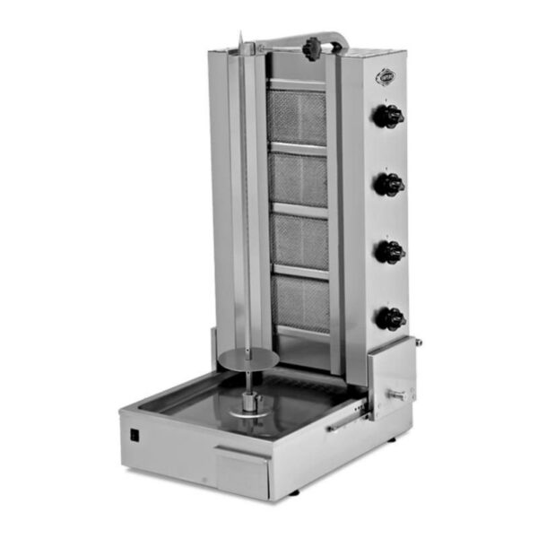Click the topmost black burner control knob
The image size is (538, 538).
(389, 116)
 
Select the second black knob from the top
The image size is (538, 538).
(389, 184)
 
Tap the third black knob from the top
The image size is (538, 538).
(389, 252)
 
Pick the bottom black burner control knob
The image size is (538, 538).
(389, 318)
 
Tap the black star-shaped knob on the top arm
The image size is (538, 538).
(312, 48)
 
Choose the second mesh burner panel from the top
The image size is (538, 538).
(299, 179)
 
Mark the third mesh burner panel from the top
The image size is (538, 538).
(299, 241)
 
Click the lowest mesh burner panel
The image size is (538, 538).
(301, 303)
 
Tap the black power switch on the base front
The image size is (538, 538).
(136, 437)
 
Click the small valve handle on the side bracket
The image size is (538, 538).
(395, 395)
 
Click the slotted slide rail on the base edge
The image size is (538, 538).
(344, 418)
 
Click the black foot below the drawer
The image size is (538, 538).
(295, 494)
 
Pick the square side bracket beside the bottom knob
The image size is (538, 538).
(391, 377)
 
